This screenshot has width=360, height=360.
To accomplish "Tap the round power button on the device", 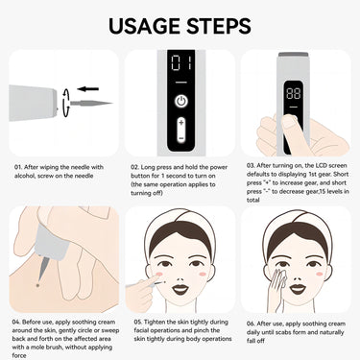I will pos(180,101).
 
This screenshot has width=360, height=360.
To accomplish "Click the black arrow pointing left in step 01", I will pos(87,86).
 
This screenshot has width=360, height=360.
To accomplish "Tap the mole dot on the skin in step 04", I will pos(37,285).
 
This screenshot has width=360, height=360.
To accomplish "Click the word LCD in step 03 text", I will pos(323,165).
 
